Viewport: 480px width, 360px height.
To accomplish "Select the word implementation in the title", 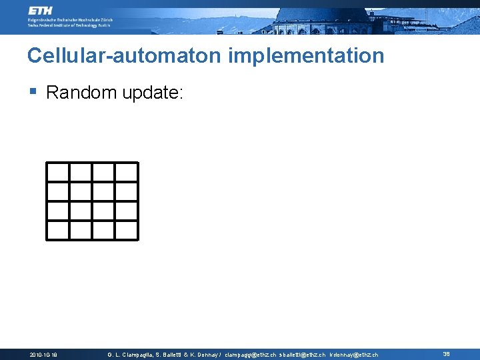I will [306, 55].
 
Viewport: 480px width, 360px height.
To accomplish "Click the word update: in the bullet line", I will [152, 93].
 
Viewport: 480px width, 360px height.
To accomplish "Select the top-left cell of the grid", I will [58, 172].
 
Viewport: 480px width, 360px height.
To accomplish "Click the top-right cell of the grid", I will [127, 172].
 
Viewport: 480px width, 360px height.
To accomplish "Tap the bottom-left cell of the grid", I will [58, 230].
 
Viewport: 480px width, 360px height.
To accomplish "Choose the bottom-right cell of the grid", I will [127, 230].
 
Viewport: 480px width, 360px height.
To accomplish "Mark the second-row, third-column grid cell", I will [104, 191].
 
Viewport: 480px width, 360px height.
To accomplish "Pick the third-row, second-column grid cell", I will [81, 211].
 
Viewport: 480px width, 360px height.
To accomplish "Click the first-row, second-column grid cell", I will [81, 172].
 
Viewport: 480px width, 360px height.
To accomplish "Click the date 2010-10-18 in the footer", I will [44, 355].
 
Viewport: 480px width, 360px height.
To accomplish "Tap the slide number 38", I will [446, 354].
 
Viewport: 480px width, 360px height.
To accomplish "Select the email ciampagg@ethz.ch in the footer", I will [250, 355].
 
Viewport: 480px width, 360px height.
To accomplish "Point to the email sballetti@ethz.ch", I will [302, 355].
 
